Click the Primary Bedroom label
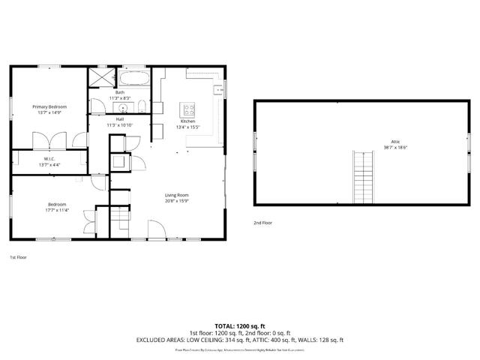49,106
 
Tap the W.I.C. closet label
49,158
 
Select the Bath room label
120,92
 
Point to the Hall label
120,118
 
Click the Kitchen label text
187,121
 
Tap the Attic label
395,142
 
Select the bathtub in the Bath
134,77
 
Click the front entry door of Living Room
157,229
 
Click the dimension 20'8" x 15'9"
177,201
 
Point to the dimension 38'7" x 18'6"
395,148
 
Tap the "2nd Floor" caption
262,223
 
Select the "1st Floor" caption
18,257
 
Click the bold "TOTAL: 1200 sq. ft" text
239,325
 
